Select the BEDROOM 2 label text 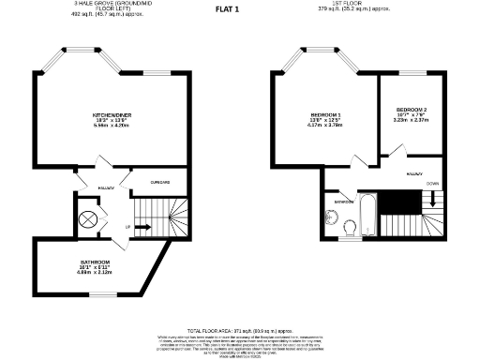(412, 111)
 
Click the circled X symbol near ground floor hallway (88, 219)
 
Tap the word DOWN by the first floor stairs (432, 184)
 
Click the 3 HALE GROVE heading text (108, 3)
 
